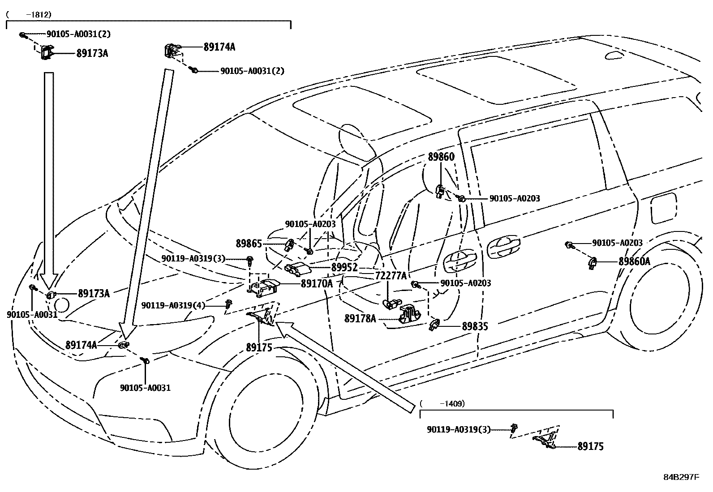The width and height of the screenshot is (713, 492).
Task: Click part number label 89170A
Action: click(317, 283)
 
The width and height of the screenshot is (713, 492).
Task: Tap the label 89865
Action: click(249, 244)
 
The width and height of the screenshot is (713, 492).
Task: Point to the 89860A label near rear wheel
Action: click(634, 261)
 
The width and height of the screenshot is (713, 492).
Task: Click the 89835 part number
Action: click(475, 326)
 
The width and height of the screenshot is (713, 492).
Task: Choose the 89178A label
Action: click(360, 318)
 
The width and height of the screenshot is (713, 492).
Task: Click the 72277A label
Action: click(391, 276)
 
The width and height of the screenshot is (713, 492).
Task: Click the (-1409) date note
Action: click(442, 403)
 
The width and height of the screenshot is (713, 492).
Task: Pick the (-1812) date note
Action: click(29, 14)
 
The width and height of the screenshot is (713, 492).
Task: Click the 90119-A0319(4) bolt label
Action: click(173, 305)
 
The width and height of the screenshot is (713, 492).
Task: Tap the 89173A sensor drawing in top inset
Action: click(46, 52)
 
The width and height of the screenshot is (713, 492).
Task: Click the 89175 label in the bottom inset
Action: click(590, 446)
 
